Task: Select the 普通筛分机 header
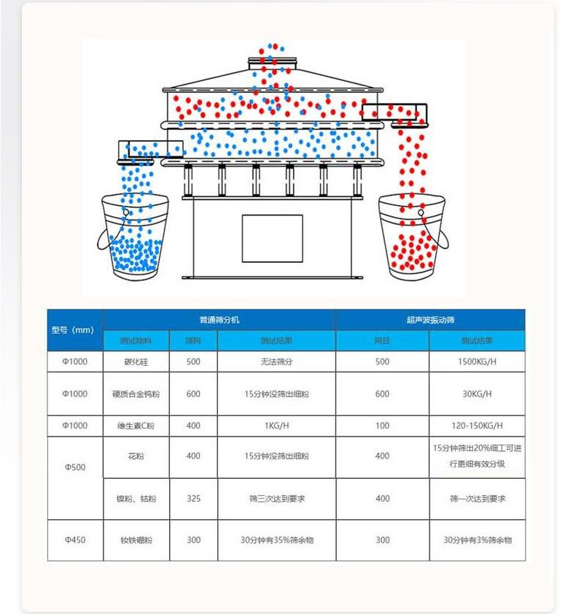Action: pos(219,320)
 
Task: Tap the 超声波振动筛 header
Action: pos(430,320)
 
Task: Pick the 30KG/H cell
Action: pos(478,394)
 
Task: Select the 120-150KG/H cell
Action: pos(478,426)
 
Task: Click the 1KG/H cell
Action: pos(276,426)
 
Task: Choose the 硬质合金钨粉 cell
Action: pos(136,394)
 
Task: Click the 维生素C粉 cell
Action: pos(136,426)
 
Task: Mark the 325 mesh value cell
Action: pos(193,499)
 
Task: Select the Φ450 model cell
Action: pos(75,540)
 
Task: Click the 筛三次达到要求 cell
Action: pos(276,499)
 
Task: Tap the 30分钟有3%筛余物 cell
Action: pos(478,540)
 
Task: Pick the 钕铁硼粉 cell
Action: pos(136,540)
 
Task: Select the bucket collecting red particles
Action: pos(410,237)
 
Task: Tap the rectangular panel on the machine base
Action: pos(272,238)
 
